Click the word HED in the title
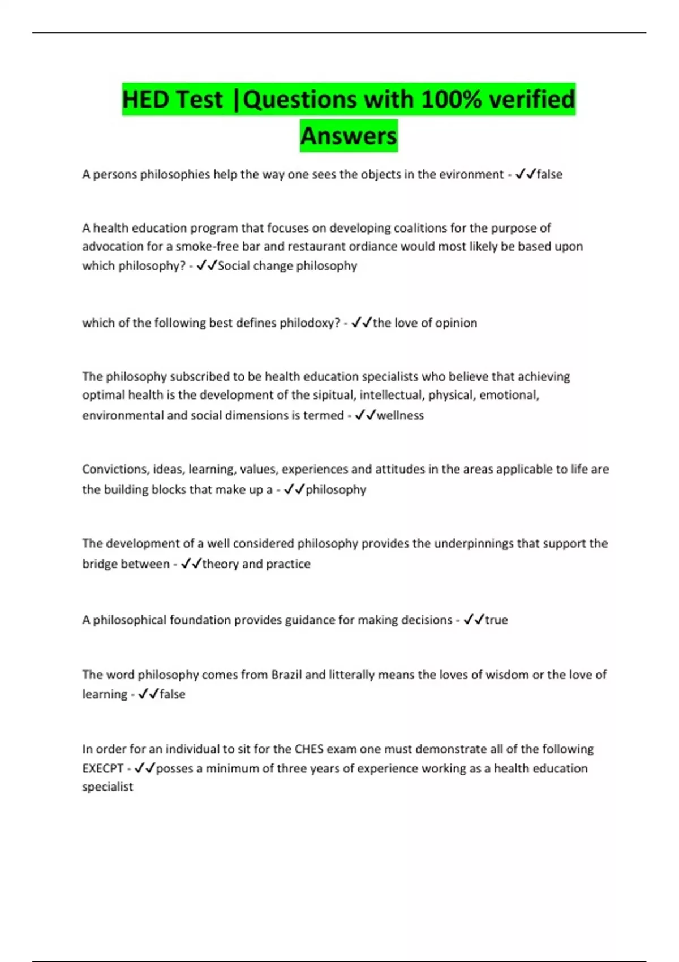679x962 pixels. click(145, 100)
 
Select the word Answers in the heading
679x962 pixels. click(349, 136)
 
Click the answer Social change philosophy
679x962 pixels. click(287, 265)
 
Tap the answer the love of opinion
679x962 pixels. click(425, 323)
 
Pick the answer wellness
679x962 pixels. click(400, 415)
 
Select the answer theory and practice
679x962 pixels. click(256, 564)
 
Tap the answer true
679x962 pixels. click(496, 620)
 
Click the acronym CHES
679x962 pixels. click(309, 749)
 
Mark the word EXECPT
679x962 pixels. click(102, 768)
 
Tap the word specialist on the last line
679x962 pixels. click(108, 787)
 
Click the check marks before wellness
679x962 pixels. click(365, 415)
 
